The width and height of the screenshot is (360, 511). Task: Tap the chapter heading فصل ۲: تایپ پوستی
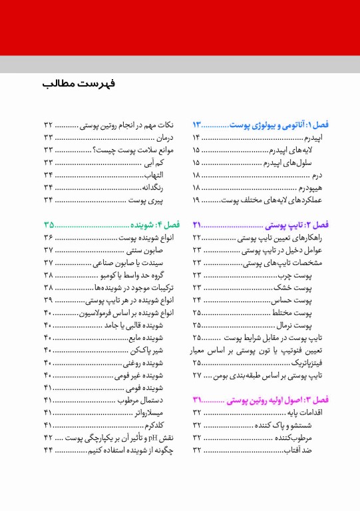point(295,225)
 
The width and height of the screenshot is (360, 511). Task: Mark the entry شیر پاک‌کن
point(151,350)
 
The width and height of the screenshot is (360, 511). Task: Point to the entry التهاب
point(160,175)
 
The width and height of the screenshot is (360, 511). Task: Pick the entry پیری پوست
point(155,200)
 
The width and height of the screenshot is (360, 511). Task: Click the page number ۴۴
point(49,450)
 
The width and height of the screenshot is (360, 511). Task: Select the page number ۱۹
point(198,200)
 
